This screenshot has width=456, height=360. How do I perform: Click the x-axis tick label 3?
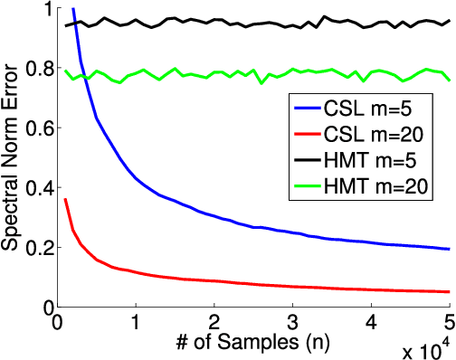tap(292, 322)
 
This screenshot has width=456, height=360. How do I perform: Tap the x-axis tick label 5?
tap(449, 322)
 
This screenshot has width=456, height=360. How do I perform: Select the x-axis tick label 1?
tap(136, 322)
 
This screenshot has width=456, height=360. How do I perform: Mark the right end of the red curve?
tap(449, 291)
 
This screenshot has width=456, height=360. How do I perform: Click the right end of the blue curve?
tap(449, 249)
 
